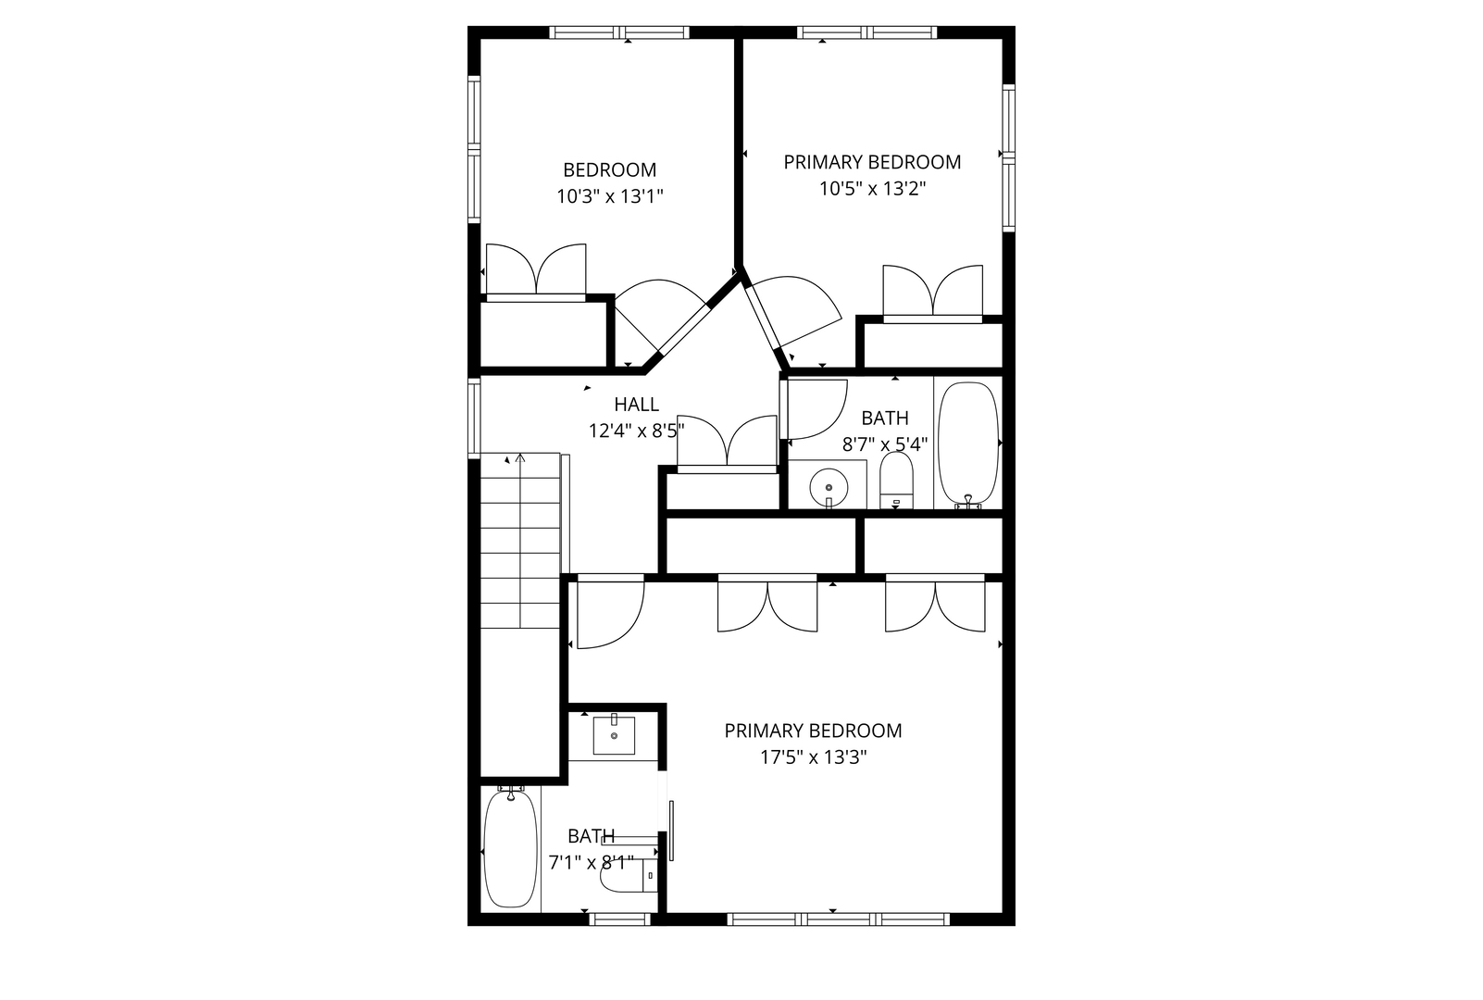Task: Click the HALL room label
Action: tap(636, 404)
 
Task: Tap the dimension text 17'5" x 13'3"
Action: tap(813, 757)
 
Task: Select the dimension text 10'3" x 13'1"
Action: tap(610, 196)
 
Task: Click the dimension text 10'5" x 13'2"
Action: tap(872, 189)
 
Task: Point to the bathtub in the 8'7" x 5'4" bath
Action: tap(968, 443)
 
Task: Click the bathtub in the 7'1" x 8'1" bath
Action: tap(510, 849)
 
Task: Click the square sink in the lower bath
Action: tap(614, 737)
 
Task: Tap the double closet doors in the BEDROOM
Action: tap(536, 270)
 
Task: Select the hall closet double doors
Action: tap(728, 444)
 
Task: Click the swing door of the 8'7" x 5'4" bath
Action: tap(815, 409)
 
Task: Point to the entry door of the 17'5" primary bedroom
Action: tap(608, 613)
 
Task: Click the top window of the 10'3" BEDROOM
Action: tap(619, 32)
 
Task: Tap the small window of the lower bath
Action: tap(619, 919)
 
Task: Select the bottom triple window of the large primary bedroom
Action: tap(839, 919)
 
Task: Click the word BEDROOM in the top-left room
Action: tap(610, 169)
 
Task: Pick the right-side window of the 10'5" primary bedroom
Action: tap(1009, 155)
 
